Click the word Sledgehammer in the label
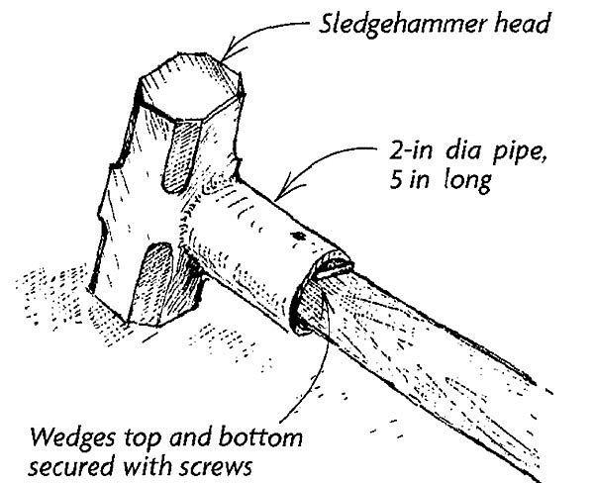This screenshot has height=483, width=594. coord(402,25)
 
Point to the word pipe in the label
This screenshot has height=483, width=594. coord(519,154)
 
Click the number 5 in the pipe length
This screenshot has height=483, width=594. coord(396,180)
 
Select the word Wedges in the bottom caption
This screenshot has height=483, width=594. coord(72,439)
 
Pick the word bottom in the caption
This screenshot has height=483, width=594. coord(260,437)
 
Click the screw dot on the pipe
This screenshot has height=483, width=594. coord(299,237)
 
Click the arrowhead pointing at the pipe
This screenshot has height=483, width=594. coord(288,187)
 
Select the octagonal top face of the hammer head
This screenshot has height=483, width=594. coord(190,86)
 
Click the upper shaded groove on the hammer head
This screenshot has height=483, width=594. coord(181,156)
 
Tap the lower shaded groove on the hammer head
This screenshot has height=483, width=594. coord(154,282)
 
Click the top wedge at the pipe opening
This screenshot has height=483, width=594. coord(333,265)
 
